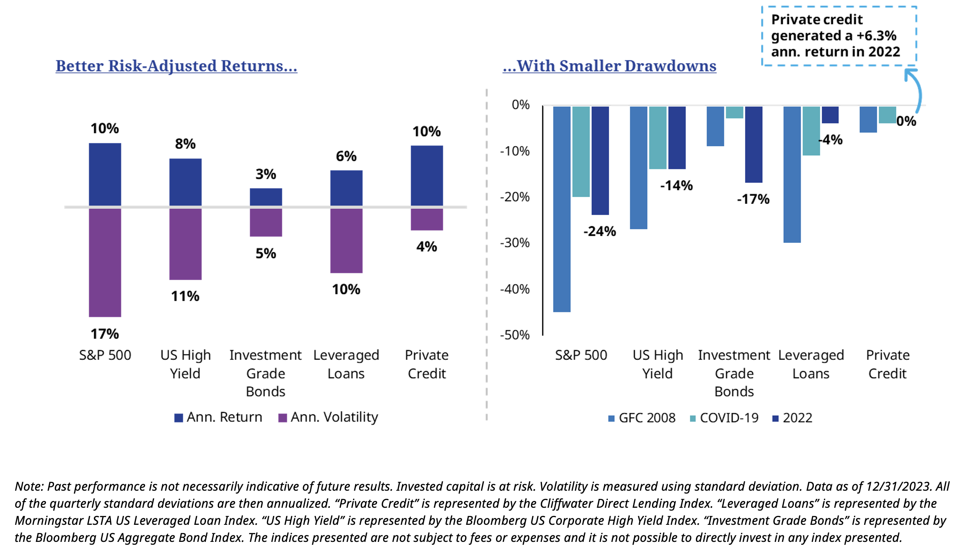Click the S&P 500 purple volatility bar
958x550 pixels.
pos(105,262)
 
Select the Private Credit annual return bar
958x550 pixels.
pos(427,175)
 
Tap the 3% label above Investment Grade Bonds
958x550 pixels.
pos(266,174)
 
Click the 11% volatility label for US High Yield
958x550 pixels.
pos(185,296)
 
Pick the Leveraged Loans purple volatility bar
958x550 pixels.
pos(346,240)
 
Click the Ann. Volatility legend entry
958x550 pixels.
pos(328,417)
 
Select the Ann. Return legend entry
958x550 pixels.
pos(219,417)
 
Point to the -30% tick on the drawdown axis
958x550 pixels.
pos(515,243)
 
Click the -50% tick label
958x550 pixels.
pos(515,335)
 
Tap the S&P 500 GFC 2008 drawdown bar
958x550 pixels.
pos(561,209)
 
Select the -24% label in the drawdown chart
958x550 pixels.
pos(600,232)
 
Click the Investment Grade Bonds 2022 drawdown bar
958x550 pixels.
pos(754,144)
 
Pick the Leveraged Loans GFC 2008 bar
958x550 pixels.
pos(792,175)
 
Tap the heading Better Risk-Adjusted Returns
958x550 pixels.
pos(176,66)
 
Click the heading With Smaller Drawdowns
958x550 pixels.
pos(609,66)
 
